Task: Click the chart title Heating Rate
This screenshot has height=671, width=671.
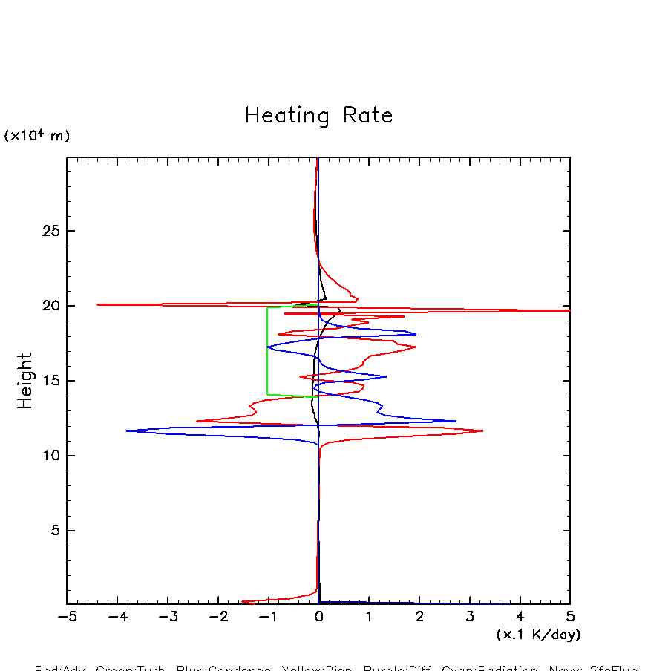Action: tap(318, 116)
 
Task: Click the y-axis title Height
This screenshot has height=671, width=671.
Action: tap(25, 381)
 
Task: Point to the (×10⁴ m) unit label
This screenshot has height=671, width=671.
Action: tap(37, 136)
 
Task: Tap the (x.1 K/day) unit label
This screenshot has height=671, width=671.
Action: tap(538, 635)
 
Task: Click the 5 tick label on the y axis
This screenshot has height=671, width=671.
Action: tap(53, 531)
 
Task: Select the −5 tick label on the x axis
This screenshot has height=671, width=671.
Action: tap(67, 617)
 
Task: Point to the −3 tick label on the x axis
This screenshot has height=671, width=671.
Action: tap(167, 617)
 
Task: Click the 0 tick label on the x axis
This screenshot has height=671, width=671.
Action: tap(318, 617)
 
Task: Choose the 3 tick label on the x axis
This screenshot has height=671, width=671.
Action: tap(470, 617)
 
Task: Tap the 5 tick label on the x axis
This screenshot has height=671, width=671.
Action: tap(570, 617)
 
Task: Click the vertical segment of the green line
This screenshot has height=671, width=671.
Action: tap(267, 349)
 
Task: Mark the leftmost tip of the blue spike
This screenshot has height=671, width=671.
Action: tap(127, 431)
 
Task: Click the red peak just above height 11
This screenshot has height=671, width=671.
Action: tap(482, 431)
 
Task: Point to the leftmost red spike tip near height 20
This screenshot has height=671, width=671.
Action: tap(98, 304)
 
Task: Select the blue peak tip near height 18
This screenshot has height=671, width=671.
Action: tap(416, 334)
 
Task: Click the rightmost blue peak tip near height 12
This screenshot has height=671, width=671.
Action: tap(455, 421)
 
